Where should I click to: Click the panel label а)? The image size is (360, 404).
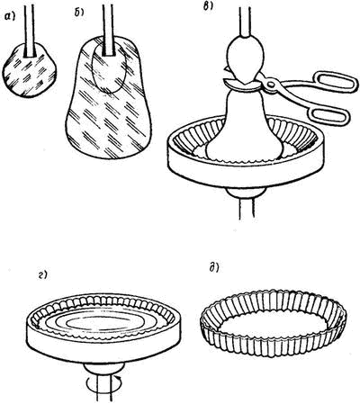click(11, 18)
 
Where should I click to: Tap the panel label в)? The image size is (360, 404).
click(208, 5)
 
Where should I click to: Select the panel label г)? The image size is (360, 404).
click(43, 275)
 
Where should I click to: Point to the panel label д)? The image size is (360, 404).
click(214, 268)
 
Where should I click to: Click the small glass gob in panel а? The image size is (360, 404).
click(29, 71)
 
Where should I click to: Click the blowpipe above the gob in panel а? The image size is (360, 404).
click(31, 29)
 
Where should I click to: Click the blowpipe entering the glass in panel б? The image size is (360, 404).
click(108, 28)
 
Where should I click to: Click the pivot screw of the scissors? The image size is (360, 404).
click(271, 84)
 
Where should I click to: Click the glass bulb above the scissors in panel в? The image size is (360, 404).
click(246, 58)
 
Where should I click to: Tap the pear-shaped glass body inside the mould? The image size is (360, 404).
click(245, 126)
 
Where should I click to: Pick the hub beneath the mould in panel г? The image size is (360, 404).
click(103, 368)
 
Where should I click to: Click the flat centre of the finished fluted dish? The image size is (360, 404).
click(272, 328)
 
